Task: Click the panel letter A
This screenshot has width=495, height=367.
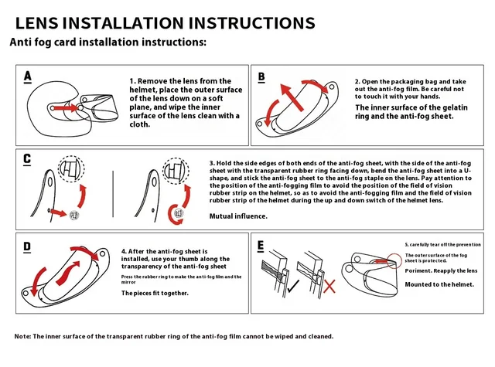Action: pyautogui.click(x=28, y=76)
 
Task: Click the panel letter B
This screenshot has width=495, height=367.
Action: pyautogui.click(x=261, y=76)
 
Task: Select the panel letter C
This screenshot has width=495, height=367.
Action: pyautogui.click(x=28, y=159)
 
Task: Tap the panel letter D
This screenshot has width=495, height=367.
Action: pyautogui.click(x=28, y=247)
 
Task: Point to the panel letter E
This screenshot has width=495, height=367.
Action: pyautogui.click(x=261, y=247)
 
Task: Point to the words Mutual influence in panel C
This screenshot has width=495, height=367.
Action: pyautogui.click(x=239, y=216)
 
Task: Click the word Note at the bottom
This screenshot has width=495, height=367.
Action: pyautogui.click(x=24, y=337)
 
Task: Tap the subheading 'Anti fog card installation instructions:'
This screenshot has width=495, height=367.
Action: pyautogui.click(x=108, y=42)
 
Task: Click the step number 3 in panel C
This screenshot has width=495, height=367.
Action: pyautogui.click(x=212, y=164)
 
